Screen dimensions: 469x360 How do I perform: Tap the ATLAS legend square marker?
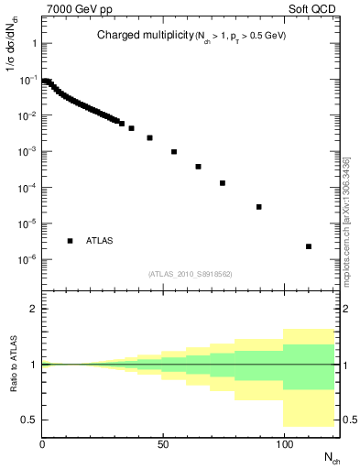[x=71, y=240]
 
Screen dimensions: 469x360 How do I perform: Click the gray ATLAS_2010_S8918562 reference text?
[x=191, y=273]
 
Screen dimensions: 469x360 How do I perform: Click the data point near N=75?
[x=223, y=183]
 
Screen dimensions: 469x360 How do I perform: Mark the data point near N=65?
[x=198, y=167]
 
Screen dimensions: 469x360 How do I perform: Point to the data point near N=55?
[x=174, y=152]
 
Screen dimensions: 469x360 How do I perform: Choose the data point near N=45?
[x=149, y=138]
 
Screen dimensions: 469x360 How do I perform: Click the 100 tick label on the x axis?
[x=284, y=446]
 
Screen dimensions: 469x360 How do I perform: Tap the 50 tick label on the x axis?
[x=163, y=446]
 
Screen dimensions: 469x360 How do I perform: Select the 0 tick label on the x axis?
[x=42, y=446]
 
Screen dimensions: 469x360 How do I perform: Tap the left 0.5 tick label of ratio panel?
[x=30, y=420]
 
